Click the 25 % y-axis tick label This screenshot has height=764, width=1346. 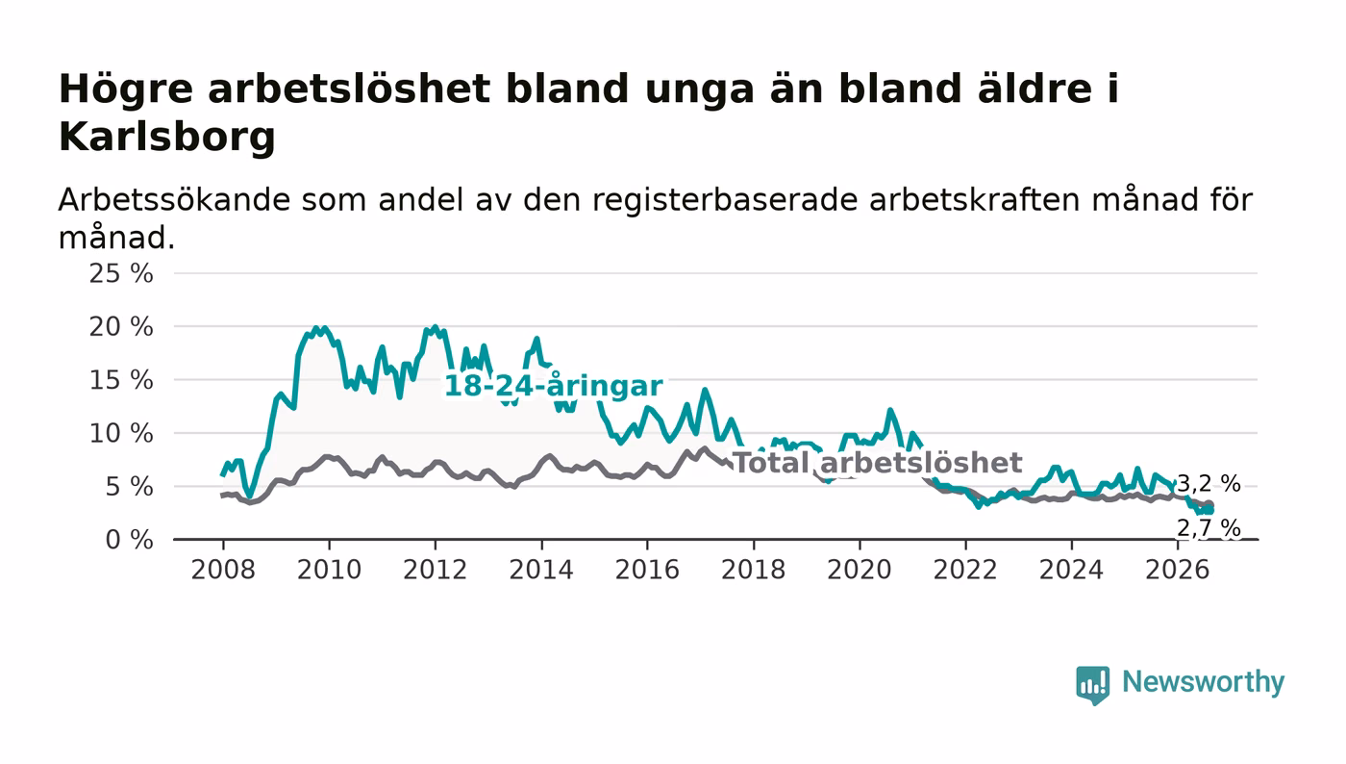click(x=121, y=273)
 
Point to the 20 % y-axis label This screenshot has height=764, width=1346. click(x=121, y=326)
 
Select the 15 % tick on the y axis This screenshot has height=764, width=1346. click(x=121, y=380)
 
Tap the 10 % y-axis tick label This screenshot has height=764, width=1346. click(x=121, y=433)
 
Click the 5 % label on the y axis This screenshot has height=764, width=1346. click(x=129, y=487)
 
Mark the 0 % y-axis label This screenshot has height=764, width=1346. click(x=129, y=540)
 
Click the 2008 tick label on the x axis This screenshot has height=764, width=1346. click(x=223, y=570)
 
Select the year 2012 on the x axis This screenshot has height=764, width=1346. click(x=435, y=570)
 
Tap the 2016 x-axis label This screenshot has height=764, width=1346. click(x=647, y=570)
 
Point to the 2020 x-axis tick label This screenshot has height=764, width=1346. click(x=860, y=570)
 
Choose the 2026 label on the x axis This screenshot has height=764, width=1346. click(x=1177, y=570)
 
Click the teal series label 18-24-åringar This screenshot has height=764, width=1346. click(x=554, y=386)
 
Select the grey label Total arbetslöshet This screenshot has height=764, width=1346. click(x=878, y=463)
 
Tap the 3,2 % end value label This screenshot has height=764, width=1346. click(x=1209, y=483)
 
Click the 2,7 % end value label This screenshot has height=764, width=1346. click(x=1209, y=528)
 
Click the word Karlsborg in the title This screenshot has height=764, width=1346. click(x=167, y=138)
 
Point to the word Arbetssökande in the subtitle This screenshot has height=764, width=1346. click(x=174, y=199)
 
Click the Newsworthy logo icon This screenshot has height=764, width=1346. click(x=1092, y=684)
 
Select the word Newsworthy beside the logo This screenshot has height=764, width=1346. click(x=1203, y=683)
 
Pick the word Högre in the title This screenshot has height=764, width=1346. click(x=126, y=90)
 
